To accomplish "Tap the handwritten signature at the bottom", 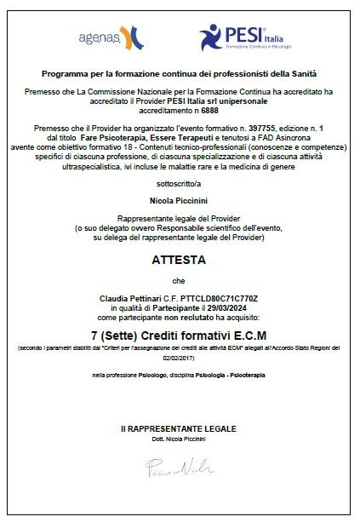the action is [x=179, y=466].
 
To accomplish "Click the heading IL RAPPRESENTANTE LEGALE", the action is [x=179, y=428].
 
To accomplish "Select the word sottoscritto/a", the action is [x=180, y=183].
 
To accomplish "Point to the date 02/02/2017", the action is [x=180, y=359].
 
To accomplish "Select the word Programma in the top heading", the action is [x=60, y=74].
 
